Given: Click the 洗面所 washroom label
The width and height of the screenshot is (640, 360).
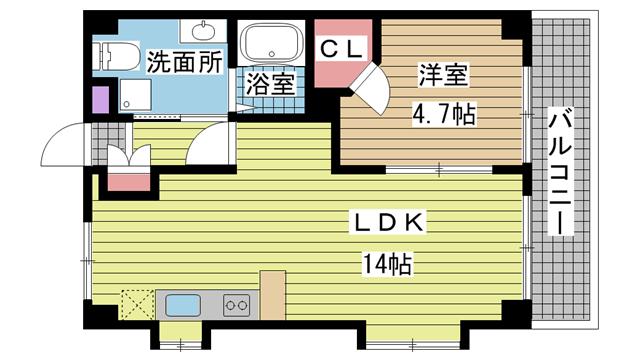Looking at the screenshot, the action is click(184, 62).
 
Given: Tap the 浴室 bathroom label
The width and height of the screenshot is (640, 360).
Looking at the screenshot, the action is click(270, 84).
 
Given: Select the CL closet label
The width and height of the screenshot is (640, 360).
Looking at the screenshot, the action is click(341, 49).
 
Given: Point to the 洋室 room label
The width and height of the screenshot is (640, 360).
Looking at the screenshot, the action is click(443, 75).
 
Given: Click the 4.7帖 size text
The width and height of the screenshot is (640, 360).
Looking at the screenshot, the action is click(444, 114).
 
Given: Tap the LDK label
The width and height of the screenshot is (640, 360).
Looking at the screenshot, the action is click(387, 223).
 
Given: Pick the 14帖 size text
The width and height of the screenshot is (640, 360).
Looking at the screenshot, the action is click(387, 263).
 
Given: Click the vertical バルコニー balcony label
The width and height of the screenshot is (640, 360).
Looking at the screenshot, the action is click(560, 171).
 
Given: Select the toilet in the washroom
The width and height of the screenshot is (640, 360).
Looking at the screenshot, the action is click(115, 56).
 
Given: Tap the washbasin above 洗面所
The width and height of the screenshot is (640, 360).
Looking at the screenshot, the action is click(203, 31).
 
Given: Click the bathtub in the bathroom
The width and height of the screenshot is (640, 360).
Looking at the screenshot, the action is click(271, 42).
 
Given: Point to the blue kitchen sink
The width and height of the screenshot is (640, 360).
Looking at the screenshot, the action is click(183, 305).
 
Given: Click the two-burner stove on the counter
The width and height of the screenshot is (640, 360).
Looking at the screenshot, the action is click(237, 305).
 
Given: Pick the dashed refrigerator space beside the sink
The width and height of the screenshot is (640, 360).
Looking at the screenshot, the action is click(138, 304).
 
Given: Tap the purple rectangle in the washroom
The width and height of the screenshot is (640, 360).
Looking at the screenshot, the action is click(101, 100).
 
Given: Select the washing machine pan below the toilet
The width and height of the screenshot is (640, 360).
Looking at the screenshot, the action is click(136, 94).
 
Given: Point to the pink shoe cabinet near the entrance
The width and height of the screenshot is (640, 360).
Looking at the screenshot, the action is click(129, 182).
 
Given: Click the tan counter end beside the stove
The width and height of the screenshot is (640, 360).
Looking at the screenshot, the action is click(273, 295).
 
